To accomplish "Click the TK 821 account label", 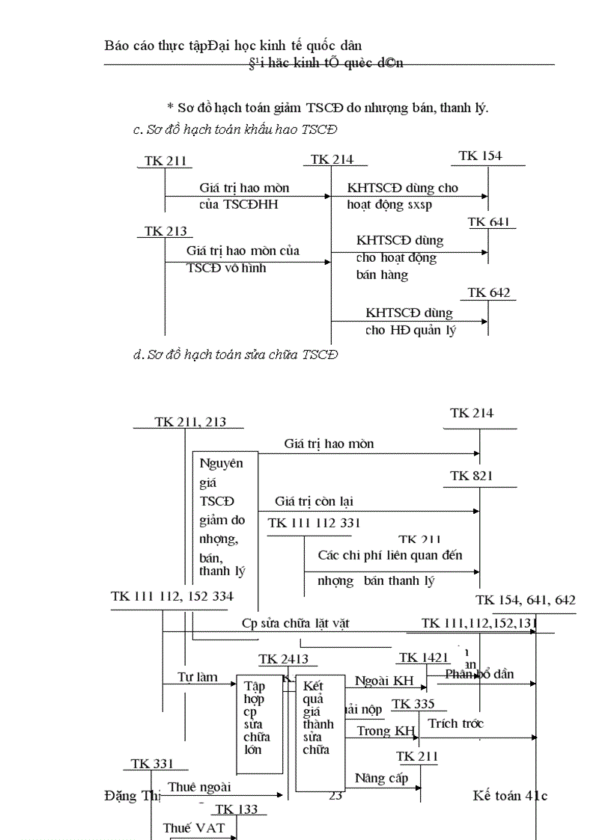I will (x=472, y=476).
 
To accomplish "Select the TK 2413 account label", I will (x=283, y=659).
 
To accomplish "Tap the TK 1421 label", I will (x=424, y=657).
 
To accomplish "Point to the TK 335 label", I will (x=413, y=704).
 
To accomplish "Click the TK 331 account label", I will (x=152, y=764).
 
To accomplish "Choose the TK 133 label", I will (x=236, y=809).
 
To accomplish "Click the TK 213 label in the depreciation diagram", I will (x=165, y=231).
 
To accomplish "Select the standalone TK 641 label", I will (x=489, y=222).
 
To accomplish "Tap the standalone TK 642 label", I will (x=489, y=292).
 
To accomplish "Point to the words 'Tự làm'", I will (x=198, y=678).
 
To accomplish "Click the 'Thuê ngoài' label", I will (x=199, y=787).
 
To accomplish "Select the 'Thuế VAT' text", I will (x=193, y=828).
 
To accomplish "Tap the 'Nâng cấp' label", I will (x=381, y=778).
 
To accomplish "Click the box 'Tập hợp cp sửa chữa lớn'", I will (x=259, y=723).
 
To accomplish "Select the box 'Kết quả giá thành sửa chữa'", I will (x=320, y=732).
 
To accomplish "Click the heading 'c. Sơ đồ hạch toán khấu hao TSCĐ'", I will (x=234, y=129).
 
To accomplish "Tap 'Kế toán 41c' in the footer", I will (x=510, y=795).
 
